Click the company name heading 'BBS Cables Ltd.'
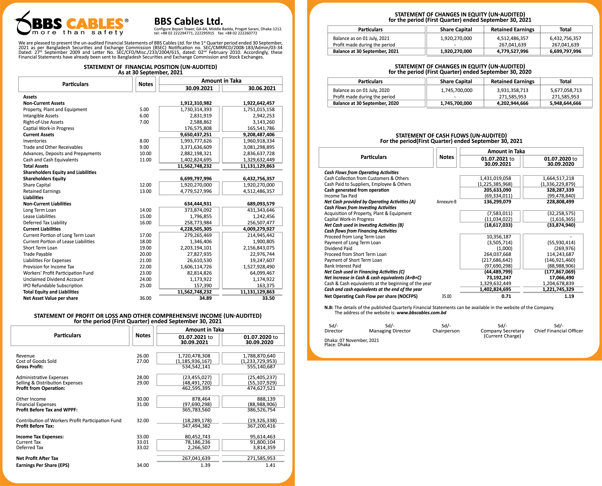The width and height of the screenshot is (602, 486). [189, 21]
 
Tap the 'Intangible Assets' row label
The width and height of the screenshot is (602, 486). [41, 116]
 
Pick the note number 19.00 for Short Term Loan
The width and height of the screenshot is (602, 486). [145, 248]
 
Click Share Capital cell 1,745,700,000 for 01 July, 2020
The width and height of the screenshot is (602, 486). [456, 90]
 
